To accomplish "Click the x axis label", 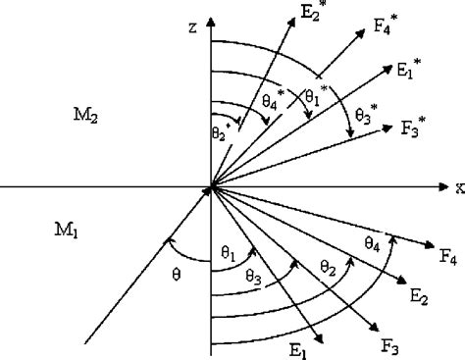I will coord(457,184).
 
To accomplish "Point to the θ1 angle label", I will coord(229,254).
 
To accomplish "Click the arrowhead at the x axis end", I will coord(443,184).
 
